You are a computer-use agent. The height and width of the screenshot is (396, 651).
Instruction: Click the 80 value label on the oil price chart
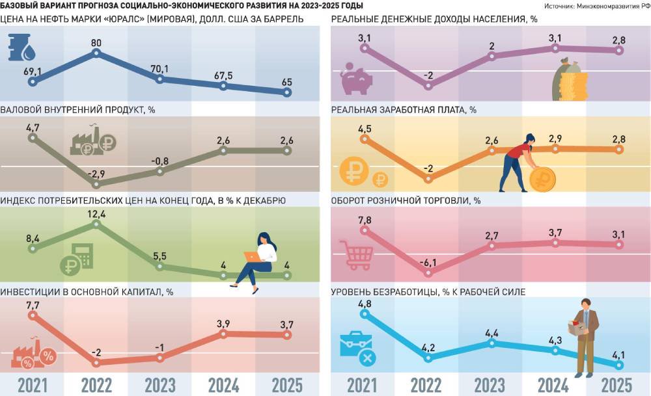[x=96, y=44]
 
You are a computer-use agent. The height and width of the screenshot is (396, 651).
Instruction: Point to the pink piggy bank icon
[x=355, y=79]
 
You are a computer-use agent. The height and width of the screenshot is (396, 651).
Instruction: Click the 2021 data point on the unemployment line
[x=365, y=314]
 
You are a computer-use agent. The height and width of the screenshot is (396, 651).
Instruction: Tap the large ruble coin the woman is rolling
[x=542, y=178]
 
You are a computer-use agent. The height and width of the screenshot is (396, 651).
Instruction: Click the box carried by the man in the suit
[x=577, y=328]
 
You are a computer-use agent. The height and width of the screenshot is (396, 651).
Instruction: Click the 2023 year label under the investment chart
[x=159, y=384]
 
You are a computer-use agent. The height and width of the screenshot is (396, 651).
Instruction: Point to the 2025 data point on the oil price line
[x=287, y=93]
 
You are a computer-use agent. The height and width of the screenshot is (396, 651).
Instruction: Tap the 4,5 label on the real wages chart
[x=365, y=129]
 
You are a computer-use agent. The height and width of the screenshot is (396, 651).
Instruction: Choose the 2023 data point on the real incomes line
[x=492, y=57]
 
